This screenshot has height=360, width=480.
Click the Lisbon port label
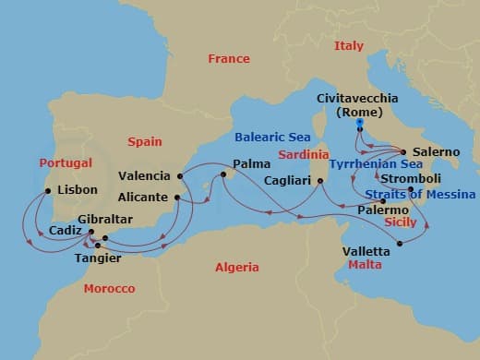tap(77, 190)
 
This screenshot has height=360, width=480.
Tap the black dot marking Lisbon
tap(48, 191)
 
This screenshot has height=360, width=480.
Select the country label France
tap(229, 58)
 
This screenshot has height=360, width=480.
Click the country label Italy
tap(349, 45)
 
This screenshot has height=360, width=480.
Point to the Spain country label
tap(144, 141)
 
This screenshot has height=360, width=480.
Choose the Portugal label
tap(66, 162)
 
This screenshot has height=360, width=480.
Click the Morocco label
tap(109, 289)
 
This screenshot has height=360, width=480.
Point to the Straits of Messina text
tap(420, 195)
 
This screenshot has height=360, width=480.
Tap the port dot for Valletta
tap(400, 245)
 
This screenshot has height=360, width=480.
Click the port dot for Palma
tap(223, 174)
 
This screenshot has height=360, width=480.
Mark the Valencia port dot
tap(181, 175)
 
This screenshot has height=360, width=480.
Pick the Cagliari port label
tap(286, 180)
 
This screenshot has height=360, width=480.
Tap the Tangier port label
tap(96, 258)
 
